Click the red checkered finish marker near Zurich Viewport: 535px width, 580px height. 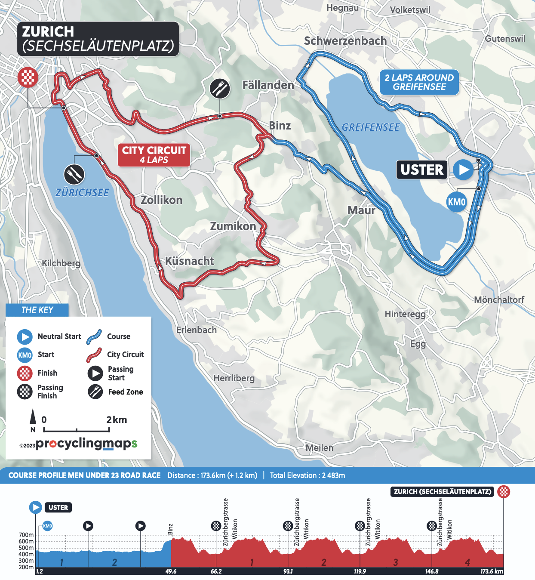point(28,77)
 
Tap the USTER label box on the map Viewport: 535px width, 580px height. point(421,170)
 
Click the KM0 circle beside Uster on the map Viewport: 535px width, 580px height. point(456,202)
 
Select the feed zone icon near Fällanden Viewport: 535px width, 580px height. point(220,89)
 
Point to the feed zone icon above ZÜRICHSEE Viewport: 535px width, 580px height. point(74,174)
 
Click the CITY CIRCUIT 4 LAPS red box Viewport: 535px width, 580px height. point(154,155)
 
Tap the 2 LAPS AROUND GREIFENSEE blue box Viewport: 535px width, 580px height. point(419,82)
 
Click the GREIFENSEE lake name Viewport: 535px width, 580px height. point(371,127)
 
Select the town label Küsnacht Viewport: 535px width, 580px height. point(190,261)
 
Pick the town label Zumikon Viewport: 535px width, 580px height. point(233,226)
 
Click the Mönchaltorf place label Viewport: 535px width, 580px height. point(499,299)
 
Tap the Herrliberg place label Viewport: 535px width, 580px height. point(234,378)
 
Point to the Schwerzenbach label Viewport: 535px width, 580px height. point(345,41)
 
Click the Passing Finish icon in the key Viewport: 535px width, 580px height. point(25,392)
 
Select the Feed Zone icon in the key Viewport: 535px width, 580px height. point(95,392)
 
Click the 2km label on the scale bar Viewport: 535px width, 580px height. point(117,420)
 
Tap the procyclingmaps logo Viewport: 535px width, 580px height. point(86,444)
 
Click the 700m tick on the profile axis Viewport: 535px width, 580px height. point(26,535)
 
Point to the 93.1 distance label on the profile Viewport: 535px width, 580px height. point(288,571)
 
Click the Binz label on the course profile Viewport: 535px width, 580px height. point(170,529)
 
